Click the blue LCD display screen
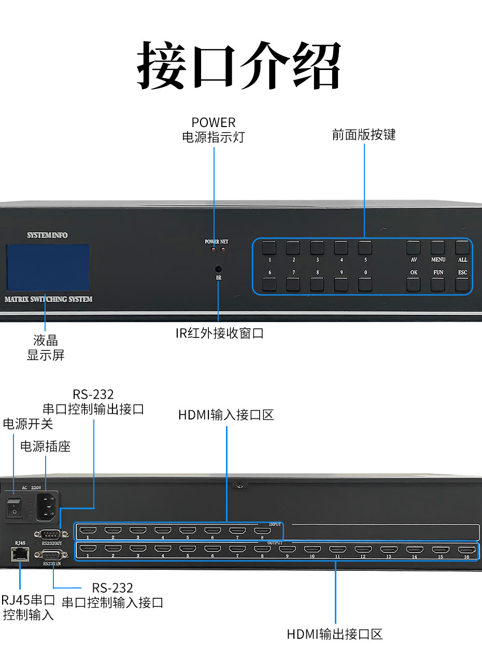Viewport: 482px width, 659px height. coord(48,267)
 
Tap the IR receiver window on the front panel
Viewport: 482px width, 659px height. coord(218,269)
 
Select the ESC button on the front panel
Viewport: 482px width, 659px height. coord(462,284)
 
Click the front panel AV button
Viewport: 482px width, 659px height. coord(413,247)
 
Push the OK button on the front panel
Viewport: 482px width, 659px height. coord(413,284)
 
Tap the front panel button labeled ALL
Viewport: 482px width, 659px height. coord(462,247)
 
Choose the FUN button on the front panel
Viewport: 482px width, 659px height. coord(437,284)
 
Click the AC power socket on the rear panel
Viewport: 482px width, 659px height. coord(48,506)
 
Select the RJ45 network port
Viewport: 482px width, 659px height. coord(20,554)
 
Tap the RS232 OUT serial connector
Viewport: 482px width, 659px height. coord(48,533)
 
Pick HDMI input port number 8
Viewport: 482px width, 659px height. coord(262,530)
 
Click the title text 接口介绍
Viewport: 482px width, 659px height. coord(240,65)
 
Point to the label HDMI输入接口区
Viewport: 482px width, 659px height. coord(226,415)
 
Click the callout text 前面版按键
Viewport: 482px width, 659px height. coord(364,135)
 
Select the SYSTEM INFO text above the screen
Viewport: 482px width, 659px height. coord(47,235)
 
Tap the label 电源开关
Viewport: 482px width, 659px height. coord(28,424)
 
